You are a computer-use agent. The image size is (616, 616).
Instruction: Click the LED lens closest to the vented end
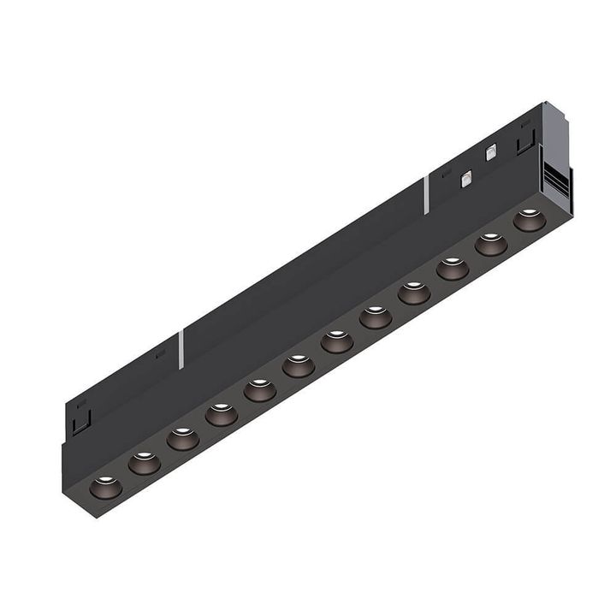point(530,220)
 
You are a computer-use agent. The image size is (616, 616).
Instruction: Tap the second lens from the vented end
point(491,244)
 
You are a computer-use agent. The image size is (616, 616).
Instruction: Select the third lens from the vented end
point(453,269)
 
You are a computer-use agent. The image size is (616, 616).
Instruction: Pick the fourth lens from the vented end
point(414,293)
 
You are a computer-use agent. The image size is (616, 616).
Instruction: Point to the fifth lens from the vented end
point(376,317)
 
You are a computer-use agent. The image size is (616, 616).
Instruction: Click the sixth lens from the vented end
point(337,341)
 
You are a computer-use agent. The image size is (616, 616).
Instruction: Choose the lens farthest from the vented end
point(106,488)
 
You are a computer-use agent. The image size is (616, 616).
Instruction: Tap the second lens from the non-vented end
point(145,463)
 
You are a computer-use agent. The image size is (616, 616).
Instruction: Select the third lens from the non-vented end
point(183,439)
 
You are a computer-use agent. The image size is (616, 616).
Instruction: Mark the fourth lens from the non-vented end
point(222,415)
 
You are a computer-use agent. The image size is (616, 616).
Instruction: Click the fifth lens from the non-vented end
point(260,390)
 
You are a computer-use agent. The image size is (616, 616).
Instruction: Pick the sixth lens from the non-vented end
point(299,366)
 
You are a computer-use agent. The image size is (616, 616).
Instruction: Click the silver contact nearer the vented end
point(491,153)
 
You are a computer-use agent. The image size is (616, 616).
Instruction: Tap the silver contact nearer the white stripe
point(466,178)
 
